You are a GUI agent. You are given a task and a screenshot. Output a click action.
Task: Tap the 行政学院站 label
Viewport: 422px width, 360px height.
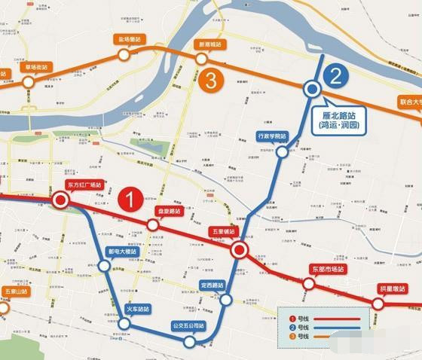tap(272, 136)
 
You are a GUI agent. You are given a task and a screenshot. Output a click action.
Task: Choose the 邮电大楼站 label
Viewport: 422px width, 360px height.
tap(127, 253)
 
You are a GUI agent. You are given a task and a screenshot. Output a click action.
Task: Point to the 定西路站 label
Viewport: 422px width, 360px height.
tap(213, 285)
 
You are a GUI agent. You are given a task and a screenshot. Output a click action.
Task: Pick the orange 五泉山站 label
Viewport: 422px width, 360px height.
tap(14, 291)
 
